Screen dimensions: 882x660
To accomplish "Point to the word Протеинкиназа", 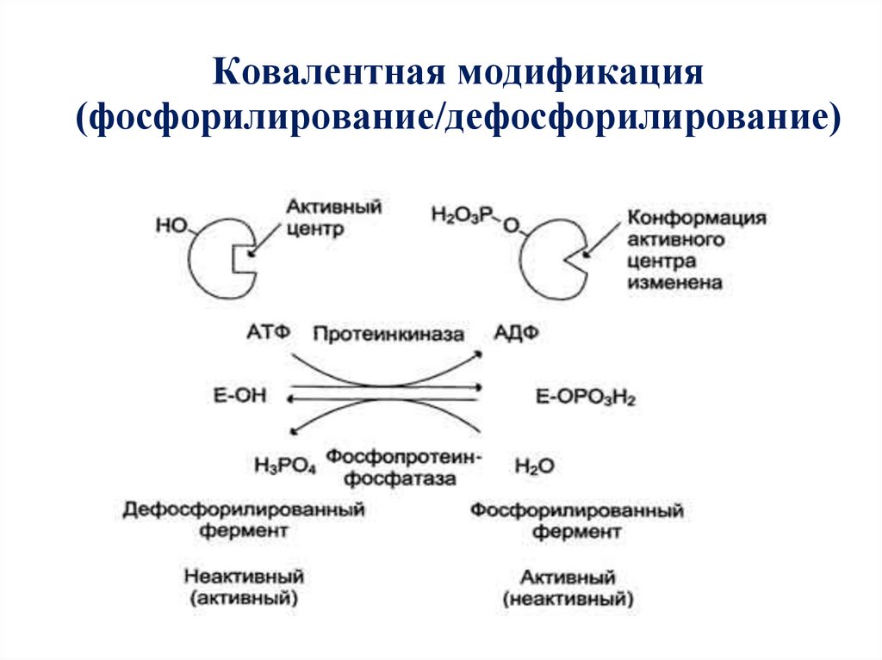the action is tap(388, 333).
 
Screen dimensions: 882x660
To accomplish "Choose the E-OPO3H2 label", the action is tap(586, 397).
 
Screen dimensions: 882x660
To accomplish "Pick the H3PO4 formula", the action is tap(285, 466).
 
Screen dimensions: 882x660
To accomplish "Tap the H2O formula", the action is tap(534, 466).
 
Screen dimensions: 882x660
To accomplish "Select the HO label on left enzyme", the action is tap(172, 225).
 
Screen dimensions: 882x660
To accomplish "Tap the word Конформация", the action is tap(697, 218).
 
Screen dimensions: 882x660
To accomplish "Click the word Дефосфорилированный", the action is tap(244, 509).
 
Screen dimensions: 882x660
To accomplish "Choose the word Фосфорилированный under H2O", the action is tap(577, 511).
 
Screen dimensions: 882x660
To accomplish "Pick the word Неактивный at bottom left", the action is tap(244, 575).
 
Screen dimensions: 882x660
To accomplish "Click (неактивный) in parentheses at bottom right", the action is tap(576, 597).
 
